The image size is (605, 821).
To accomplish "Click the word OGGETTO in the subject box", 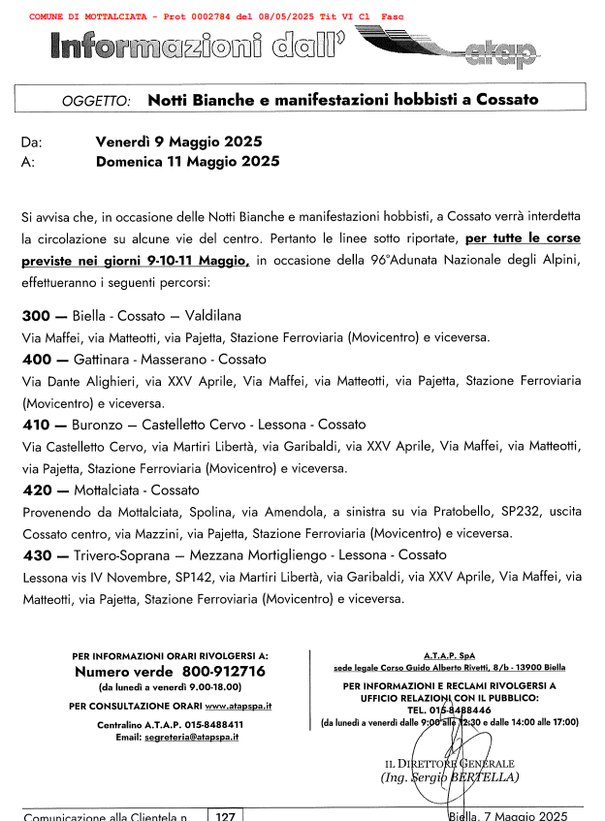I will click(x=102, y=101).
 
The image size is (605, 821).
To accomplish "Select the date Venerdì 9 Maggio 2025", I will click(x=179, y=142).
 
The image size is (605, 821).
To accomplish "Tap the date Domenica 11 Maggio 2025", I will click(x=187, y=162).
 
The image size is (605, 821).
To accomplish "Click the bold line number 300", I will click(x=37, y=316).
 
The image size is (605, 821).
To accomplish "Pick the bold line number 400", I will click(x=37, y=360).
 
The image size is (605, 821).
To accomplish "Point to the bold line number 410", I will click(x=37, y=425).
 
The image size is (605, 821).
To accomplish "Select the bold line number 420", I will click(x=37, y=490).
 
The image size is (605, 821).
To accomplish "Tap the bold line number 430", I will click(x=37, y=555).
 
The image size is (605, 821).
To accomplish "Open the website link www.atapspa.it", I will click(x=239, y=706).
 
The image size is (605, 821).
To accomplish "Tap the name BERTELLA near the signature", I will click(x=490, y=776).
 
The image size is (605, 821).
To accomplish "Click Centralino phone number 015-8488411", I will click(x=211, y=724).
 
